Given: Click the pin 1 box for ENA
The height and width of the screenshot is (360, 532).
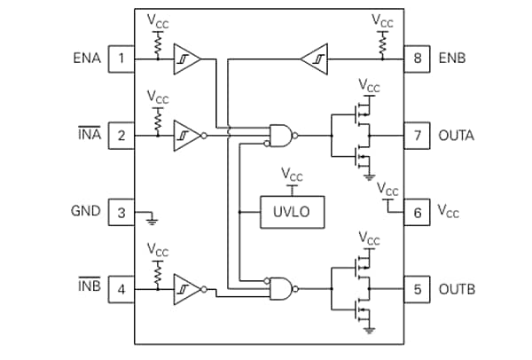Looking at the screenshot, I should pyautogui.click(x=121, y=59).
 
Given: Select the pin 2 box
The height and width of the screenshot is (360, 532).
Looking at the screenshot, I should pyautogui.click(x=121, y=136).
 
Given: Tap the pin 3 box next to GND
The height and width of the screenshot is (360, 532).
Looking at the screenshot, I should pyautogui.click(x=121, y=212).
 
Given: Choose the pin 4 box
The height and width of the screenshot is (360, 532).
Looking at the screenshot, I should pyautogui.click(x=121, y=289).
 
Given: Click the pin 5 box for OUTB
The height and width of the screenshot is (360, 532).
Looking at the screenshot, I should pyautogui.click(x=418, y=289).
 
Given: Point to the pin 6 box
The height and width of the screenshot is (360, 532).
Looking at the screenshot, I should pyautogui.click(x=418, y=212).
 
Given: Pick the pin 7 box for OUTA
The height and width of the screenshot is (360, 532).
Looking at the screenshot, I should pyautogui.click(x=418, y=136).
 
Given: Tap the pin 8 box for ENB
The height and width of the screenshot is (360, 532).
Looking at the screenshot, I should pyautogui.click(x=418, y=59).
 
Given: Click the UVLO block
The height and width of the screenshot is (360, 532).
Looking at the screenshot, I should pyautogui.click(x=292, y=212).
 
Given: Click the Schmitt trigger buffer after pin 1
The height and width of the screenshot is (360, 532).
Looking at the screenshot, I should pyautogui.click(x=186, y=59).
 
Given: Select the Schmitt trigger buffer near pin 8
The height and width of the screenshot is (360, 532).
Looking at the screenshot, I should pyautogui.click(x=315, y=59).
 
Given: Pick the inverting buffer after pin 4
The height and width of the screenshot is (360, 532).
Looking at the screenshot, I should pyautogui.click(x=187, y=289).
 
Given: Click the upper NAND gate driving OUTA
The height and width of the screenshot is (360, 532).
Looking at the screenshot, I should pyautogui.click(x=282, y=136).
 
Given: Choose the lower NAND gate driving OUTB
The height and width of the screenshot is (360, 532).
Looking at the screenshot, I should pyautogui.click(x=282, y=288).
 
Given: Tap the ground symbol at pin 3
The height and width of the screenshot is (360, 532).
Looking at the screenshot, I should pyautogui.click(x=153, y=217).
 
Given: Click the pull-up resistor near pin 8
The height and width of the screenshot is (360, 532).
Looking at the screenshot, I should pyautogui.click(x=383, y=42).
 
